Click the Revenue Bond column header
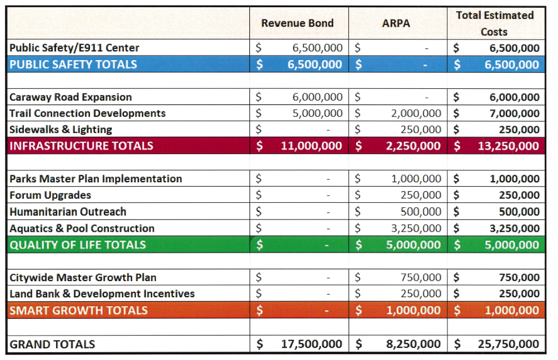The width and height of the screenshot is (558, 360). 298,23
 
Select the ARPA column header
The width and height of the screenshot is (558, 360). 396,23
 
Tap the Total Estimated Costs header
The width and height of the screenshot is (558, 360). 495,23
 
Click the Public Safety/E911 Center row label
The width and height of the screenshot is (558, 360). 74,48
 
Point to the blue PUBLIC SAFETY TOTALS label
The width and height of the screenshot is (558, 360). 73,64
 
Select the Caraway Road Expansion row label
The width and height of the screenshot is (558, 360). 71,97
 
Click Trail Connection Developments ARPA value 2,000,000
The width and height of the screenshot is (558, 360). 416,113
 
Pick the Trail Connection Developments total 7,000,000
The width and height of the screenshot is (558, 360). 514,113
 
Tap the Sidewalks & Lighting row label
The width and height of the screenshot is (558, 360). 61,129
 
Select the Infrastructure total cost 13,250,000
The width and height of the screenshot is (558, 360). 508,146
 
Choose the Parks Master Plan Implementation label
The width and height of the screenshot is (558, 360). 95,179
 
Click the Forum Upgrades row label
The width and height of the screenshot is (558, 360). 50,195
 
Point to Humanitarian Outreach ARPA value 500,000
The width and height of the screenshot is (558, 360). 421,212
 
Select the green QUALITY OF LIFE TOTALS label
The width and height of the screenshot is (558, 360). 78,245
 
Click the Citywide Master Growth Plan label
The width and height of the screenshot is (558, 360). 83,277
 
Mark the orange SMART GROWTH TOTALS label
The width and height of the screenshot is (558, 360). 78,310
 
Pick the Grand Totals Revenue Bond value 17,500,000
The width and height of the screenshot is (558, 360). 311,344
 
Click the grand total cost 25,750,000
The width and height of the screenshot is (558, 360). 508,344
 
